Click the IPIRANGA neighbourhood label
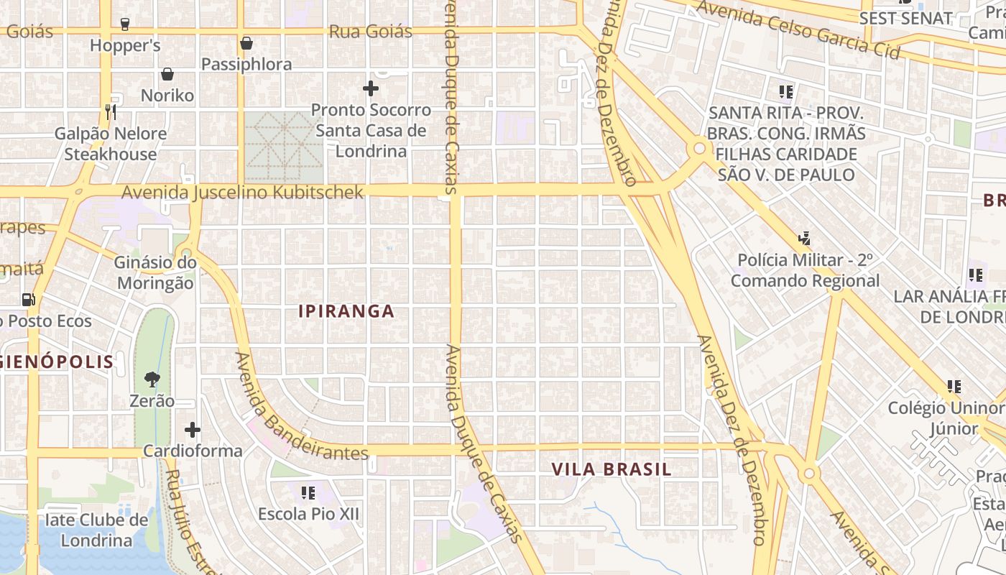point(346,311)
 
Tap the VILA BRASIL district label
point(612,469)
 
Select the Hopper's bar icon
point(125,24)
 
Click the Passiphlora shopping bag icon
point(246,43)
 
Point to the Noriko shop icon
point(167,74)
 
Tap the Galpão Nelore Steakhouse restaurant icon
point(111,111)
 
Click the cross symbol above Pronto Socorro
point(371,88)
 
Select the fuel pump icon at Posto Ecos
point(29,299)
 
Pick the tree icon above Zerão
point(152,379)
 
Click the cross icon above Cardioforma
point(193,430)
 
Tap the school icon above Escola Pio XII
point(308,492)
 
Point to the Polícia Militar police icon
point(805,238)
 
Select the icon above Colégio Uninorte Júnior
point(954,387)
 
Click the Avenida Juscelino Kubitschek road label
point(243,193)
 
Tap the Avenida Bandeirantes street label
point(301,408)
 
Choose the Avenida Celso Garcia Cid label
point(798,29)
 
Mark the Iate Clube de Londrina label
point(97,530)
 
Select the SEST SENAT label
point(905,18)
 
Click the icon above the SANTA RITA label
point(786,91)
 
